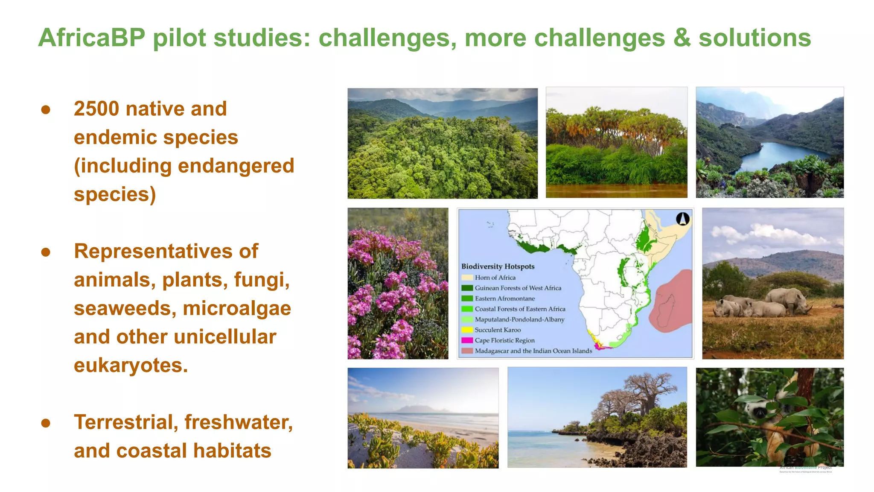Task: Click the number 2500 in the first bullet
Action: [96, 108]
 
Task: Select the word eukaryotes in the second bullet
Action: [130, 366]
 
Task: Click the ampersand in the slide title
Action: [682, 38]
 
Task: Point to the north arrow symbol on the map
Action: [683, 219]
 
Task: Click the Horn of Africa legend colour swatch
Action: [467, 278]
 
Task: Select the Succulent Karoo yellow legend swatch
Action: [467, 330]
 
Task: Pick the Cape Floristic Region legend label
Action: [504, 340]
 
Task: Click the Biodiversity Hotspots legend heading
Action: [498, 266]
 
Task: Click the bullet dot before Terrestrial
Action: [46, 423]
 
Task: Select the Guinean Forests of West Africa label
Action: [518, 288]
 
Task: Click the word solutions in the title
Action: [754, 38]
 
